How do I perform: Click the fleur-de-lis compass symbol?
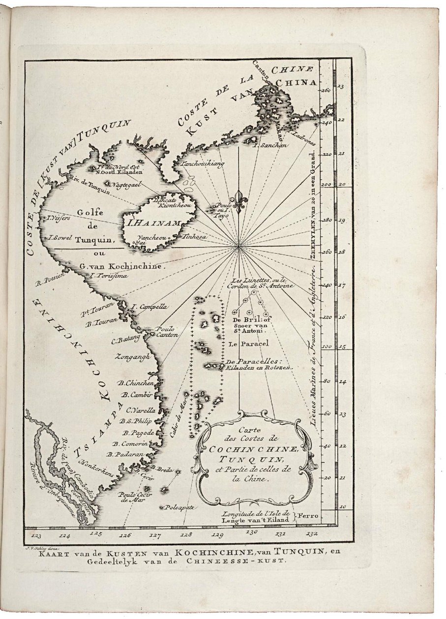(239, 202)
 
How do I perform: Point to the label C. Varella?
(141, 410)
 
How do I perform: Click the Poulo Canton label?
(167, 332)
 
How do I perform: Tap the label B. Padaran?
(125, 454)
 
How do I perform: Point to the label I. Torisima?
(109, 276)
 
